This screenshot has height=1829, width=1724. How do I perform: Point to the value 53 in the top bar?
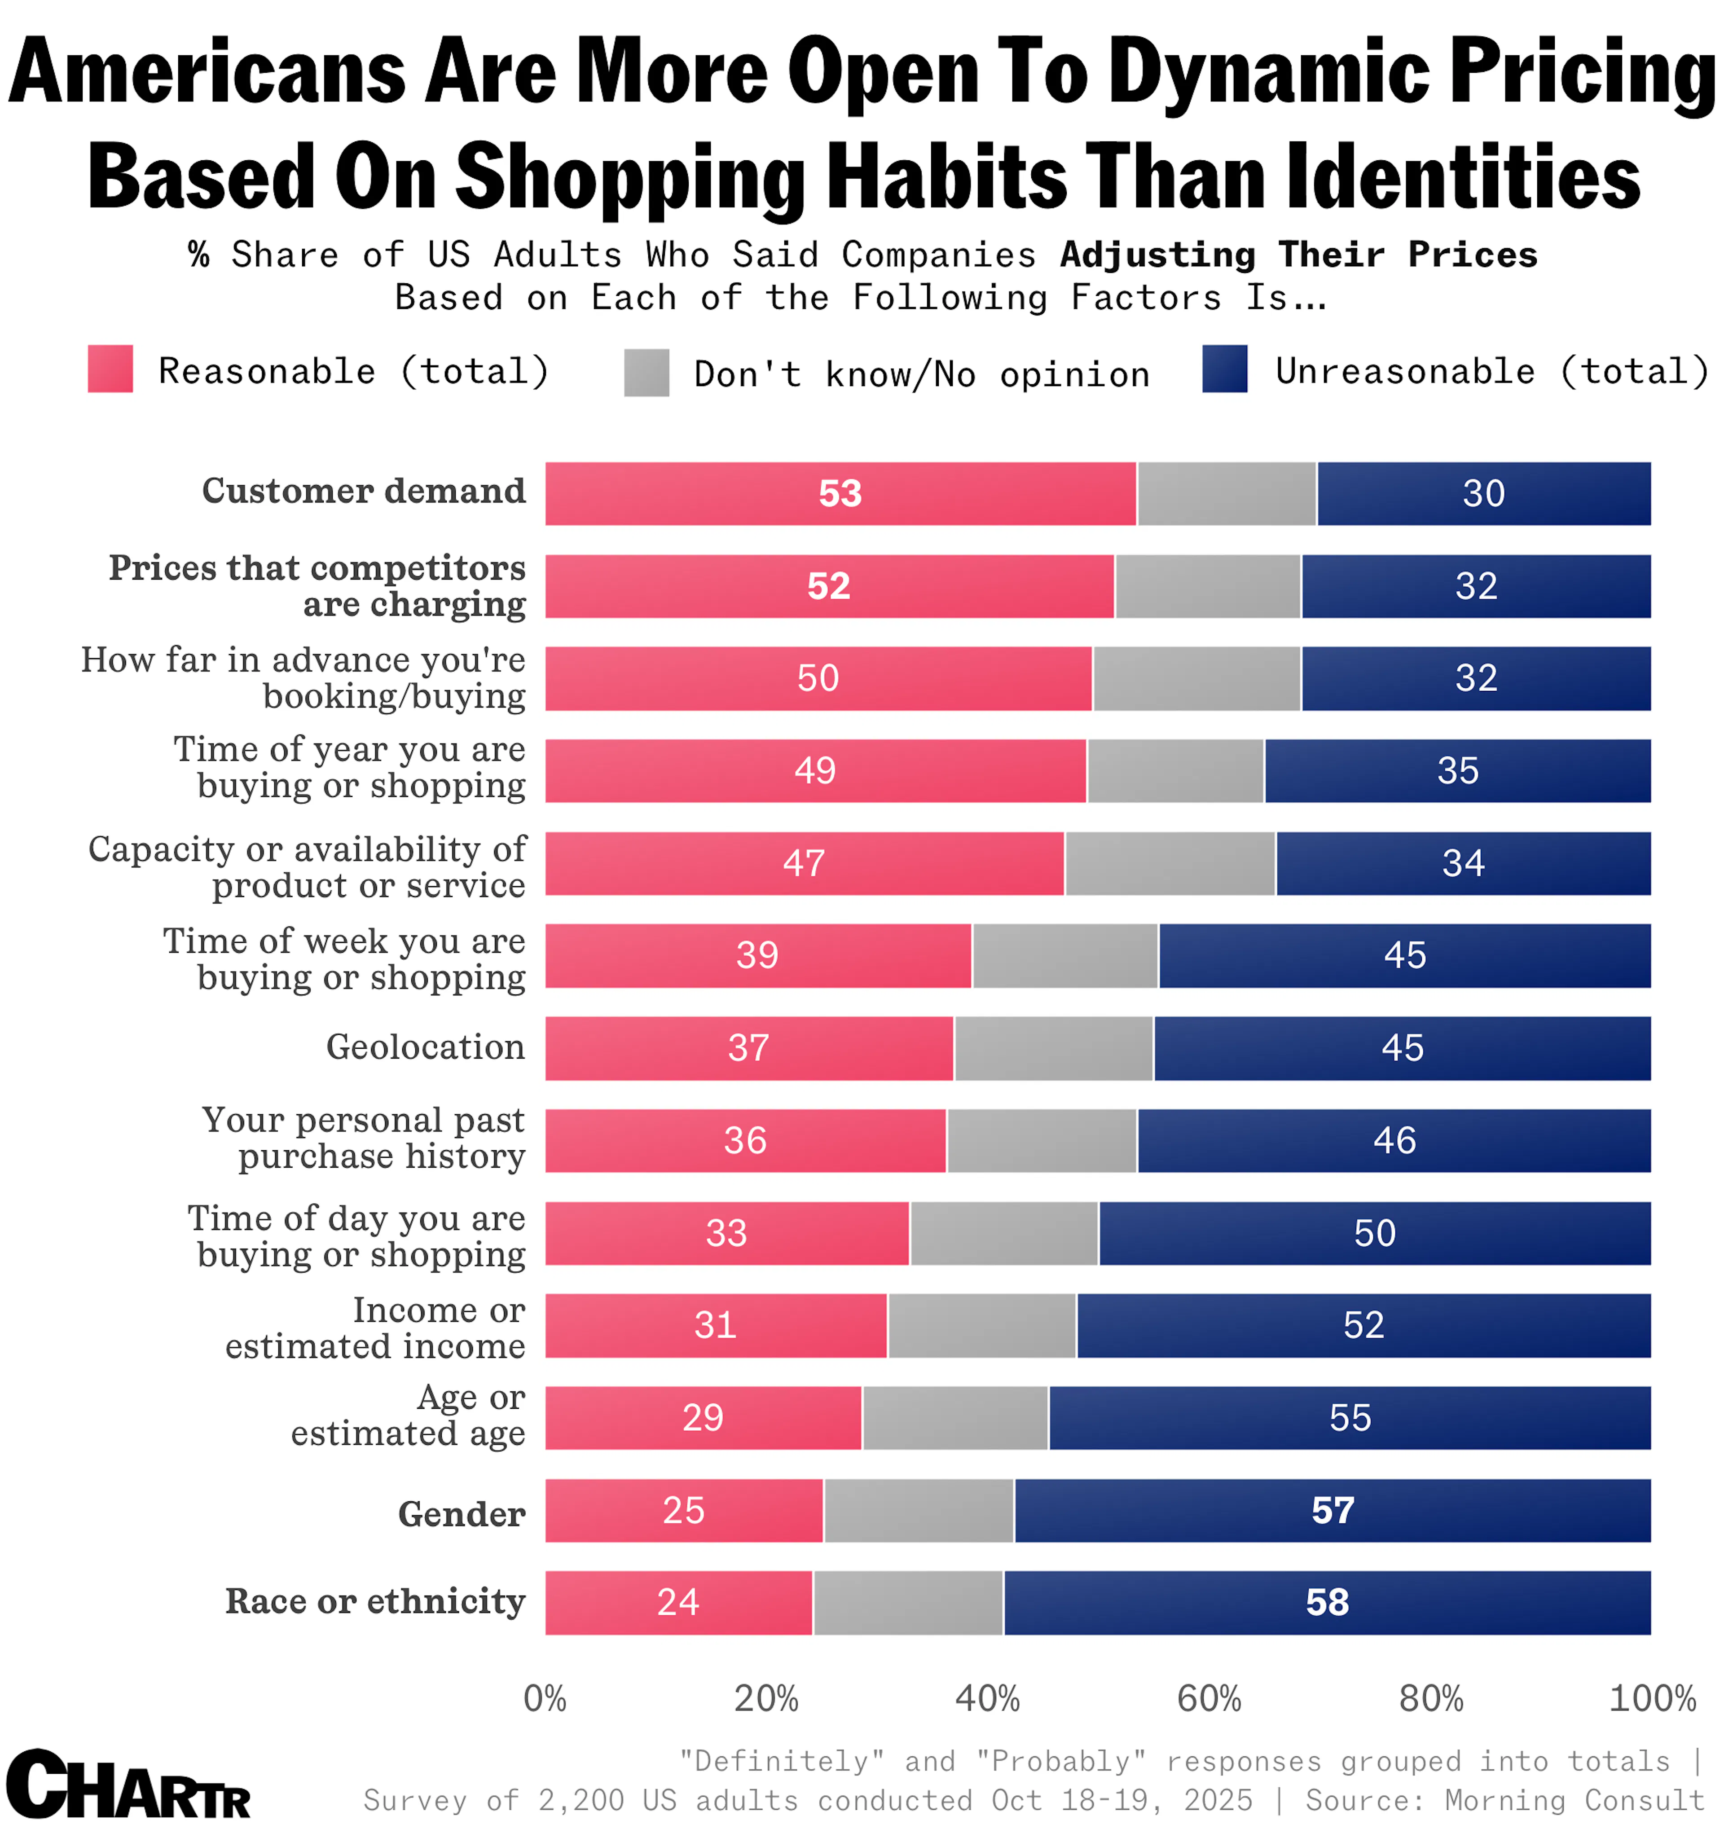pos(840,494)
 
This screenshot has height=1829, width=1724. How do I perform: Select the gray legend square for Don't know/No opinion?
pos(646,373)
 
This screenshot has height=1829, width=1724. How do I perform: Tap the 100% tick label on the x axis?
pos(1651,1698)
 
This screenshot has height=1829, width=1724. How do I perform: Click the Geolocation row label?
pos(425,1047)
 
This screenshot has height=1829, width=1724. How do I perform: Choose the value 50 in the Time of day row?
pos(1374,1233)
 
